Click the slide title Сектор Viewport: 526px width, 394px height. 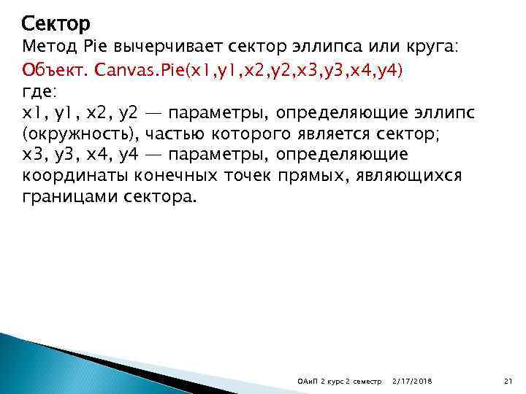pyautogui.click(x=56, y=24)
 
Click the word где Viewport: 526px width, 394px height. pyautogui.click(x=37, y=92)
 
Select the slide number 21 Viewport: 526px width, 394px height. pyautogui.click(x=509, y=382)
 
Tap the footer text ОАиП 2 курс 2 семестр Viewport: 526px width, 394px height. pyautogui.click(x=334, y=382)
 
